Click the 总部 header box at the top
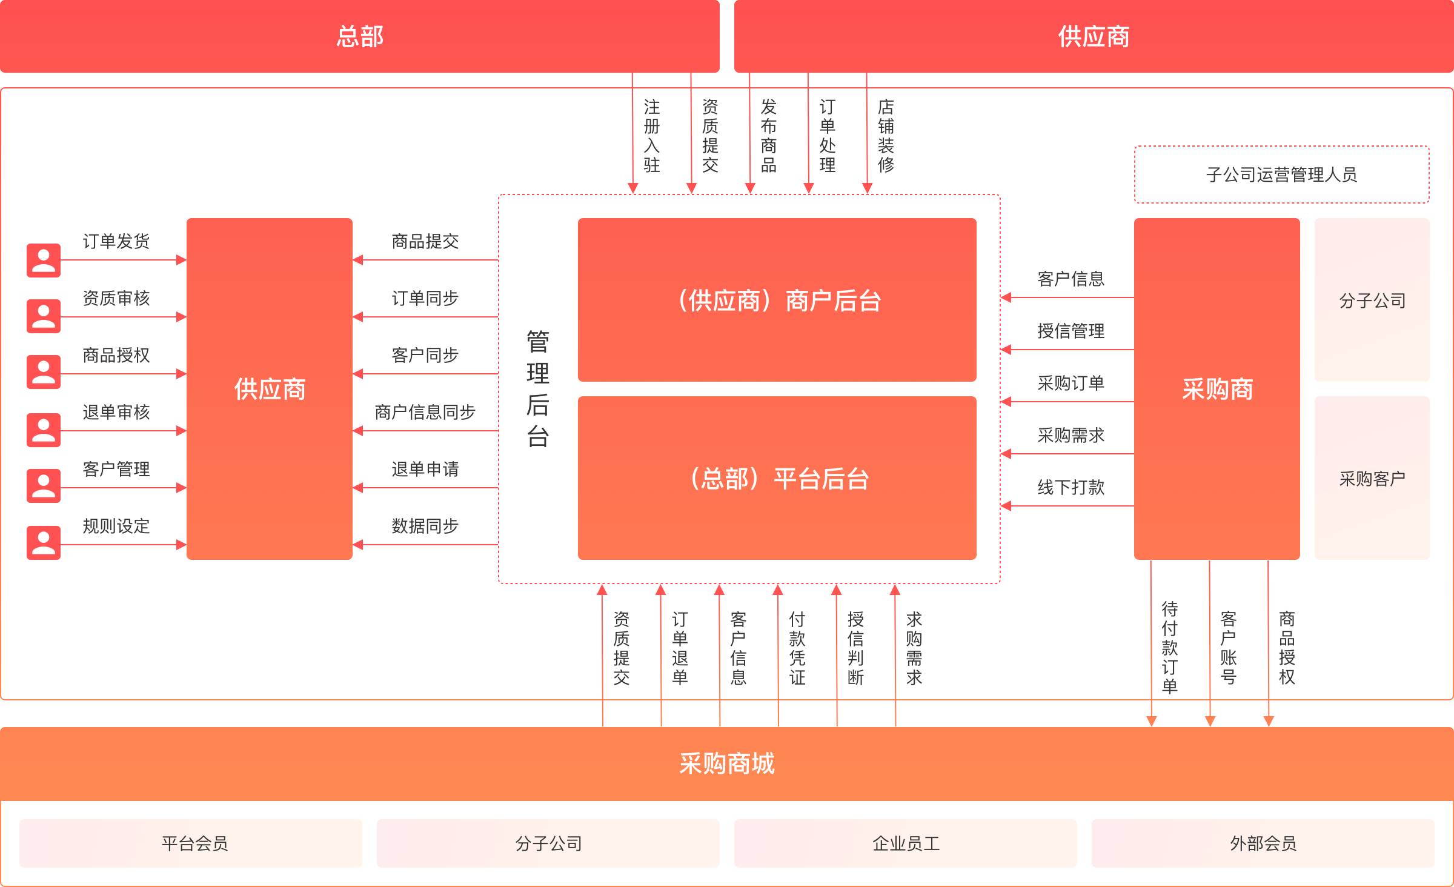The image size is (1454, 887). pos(360,36)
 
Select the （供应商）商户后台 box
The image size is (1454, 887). pos(777,300)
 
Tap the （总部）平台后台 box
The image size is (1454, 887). pos(777,478)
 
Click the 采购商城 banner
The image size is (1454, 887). pos(727,763)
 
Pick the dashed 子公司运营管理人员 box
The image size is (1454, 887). pos(1281,174)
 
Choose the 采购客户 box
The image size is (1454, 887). pos(1372,478)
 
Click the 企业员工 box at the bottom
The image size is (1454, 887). pos(905,843)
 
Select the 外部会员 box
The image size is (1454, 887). pos(1263,843)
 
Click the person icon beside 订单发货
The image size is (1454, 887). pos(44,261)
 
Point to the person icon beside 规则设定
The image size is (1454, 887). pos(44,542)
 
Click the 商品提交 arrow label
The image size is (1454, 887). pos(425,241)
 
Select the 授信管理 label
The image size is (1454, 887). pos(1071,331)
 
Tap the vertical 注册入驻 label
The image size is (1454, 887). pos(651,136)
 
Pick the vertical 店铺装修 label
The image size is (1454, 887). pos(886,136)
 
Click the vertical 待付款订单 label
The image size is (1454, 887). pos(1169,646)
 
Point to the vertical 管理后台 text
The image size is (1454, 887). pos(537,388)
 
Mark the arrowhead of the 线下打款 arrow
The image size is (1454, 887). pos(1006,505)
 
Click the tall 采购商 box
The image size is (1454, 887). pos(1217,388)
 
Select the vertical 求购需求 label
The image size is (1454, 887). pos(914,648)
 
